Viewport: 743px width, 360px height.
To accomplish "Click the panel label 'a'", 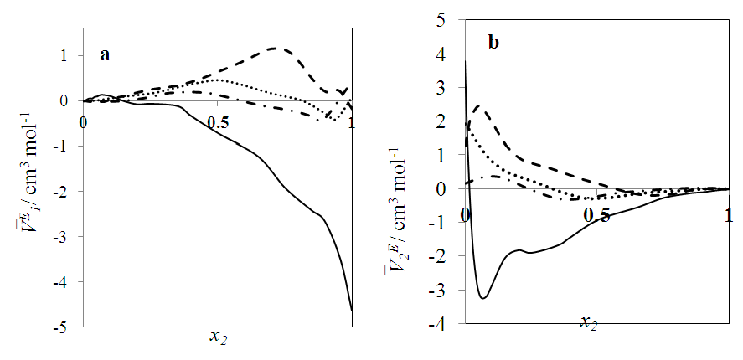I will click(x=106, y=55).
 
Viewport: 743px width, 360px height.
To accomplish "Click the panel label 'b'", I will click(x=493, y=43).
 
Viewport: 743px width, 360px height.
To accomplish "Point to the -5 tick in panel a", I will click(x=69, y=327).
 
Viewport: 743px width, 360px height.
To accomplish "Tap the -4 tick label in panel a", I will click(x=69, y=281).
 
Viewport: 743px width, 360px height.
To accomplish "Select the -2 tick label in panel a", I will click(x=69, y=191).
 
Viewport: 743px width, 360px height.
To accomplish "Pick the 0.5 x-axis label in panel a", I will click(x=217, y=122).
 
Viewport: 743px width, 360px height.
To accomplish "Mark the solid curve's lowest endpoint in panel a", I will click(x=352, y=311).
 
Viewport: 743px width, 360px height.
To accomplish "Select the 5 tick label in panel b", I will click(x=451, y=20).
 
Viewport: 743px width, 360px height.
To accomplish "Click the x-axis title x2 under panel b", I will click(x=589, y=323).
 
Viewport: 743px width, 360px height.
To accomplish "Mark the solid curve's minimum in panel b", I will click(x=483, y=297).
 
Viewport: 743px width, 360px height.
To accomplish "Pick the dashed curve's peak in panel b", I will click(x=477, y=106).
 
